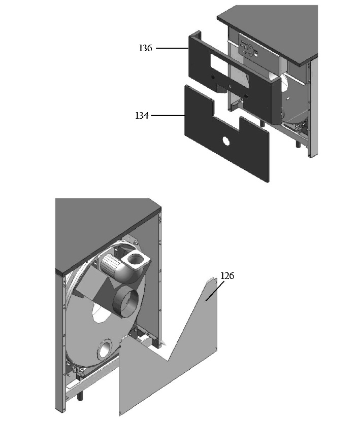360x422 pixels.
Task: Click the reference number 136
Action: click(146, 48)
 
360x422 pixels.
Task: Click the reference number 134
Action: click(142, 116)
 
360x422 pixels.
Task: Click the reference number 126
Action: click(227, 276)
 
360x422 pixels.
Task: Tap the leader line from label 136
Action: click(172, 48)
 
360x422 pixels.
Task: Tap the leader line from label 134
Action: click(168, 116)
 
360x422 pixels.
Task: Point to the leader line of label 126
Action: click(215, 291)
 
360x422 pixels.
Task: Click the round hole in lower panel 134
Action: click(226, 141)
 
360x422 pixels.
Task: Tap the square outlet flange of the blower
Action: click(136, 260)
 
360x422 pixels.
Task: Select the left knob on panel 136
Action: click(213, 77)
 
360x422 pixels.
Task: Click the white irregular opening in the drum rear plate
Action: click(99, 311)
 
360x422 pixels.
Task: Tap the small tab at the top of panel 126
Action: click(212, 280)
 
